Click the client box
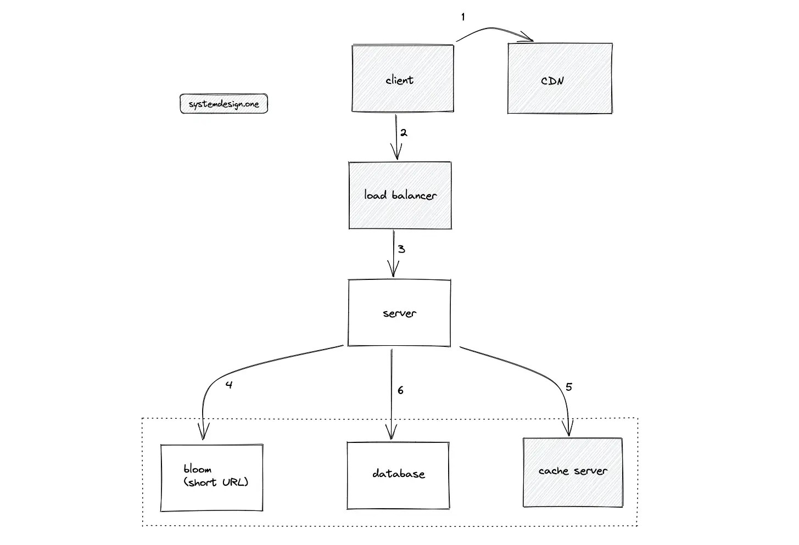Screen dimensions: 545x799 pyautogui.click(x=403, y=78)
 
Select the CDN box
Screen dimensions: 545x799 pyautogui.click(x=560, y=78)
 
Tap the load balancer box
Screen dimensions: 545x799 pyautogui.click(x=400, y=195)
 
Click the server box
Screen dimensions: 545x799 pyautogui.click(x=399, y=313)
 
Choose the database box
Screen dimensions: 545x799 pyautogui.click(x=398, y=475)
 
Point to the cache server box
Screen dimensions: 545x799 pyautogui.click(x=573, y=472)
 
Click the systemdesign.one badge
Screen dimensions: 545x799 pyautogui.click(x=224, y=104)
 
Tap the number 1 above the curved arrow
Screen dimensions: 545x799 pyautogui.click(x=463, y=18)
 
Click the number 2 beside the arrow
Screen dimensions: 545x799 pyautogui.click(x=404, y=133)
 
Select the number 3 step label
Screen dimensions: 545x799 pyautogui.click(x=401, y=249)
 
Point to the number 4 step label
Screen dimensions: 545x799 pyautogui.click(x=229, y=385)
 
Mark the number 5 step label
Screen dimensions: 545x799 pyautogui.click(x=568, y=387)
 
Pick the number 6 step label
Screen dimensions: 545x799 pyautogui.click(x=400, y=390)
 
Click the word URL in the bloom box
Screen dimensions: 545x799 pyautogui.click(x=234, y=482)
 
